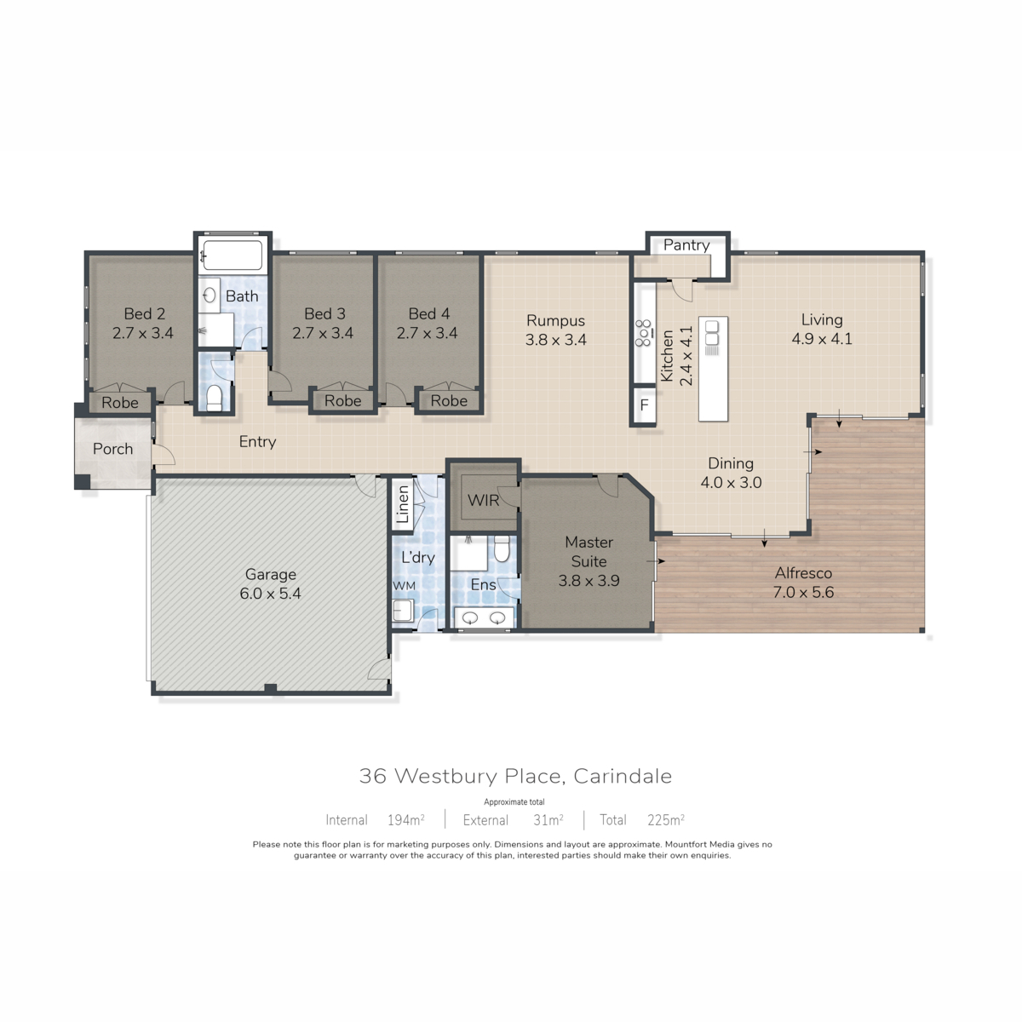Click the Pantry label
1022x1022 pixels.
tap(686, 245)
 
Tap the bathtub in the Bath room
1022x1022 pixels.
tap(232, 255)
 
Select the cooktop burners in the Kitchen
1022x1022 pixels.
tap(643, 333)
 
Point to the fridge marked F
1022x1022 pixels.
tap(645, 405)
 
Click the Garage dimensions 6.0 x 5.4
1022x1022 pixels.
tap(270, 593)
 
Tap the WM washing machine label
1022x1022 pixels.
tap(404, 585)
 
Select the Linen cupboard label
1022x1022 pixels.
tap(403, 504)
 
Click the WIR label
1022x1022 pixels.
tap(483, 500)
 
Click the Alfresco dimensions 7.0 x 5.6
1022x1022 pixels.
tap(803, 592)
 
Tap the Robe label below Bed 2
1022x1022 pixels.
tap(120, 403)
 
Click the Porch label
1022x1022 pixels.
tap(112, 449)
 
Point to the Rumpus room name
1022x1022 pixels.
tap(555, 320)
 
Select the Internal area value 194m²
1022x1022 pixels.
tap(405, 820)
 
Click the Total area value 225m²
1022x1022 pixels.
tap(666, 820)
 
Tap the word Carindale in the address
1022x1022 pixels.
tap(623, 776)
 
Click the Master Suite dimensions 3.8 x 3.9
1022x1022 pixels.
tap(589, 580)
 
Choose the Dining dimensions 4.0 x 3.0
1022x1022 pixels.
tap(731, 482)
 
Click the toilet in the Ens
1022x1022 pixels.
tap(501, 549)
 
